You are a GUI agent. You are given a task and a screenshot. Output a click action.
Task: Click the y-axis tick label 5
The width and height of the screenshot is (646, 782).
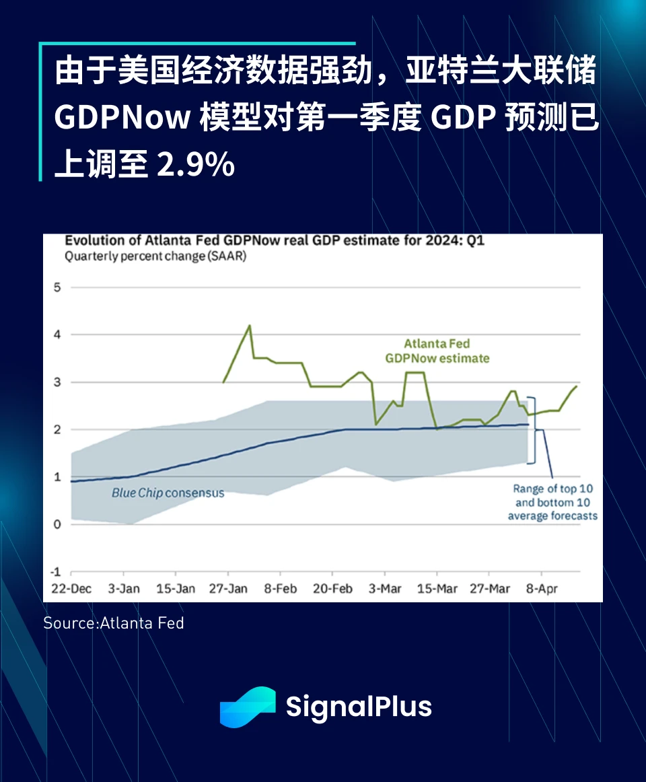tap(57, 287)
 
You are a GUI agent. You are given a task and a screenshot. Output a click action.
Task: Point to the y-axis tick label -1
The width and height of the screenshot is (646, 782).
tap(56, 572)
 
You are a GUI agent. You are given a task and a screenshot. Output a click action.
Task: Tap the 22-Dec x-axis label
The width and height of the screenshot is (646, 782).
tap(72, 589)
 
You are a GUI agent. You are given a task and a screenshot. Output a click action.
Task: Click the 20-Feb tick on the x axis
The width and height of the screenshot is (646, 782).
tap(332, 589)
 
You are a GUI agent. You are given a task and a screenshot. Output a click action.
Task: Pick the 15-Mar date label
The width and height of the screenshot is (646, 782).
tap(437, 589)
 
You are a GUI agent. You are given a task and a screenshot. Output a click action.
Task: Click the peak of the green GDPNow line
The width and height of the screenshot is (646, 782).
tap(250, 326)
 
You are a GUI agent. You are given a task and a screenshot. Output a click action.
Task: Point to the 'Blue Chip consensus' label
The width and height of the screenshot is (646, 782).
tap(168, 493)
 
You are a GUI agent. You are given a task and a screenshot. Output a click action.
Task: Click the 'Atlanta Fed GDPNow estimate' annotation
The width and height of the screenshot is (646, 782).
tap(437, 351)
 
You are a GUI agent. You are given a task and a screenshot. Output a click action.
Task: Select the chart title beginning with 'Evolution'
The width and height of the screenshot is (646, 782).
tap(274, 241)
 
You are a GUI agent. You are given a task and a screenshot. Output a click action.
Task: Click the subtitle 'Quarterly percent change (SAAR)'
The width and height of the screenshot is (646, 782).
tap(155, 256)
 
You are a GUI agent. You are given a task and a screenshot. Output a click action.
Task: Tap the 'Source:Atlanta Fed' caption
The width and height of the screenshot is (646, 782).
tap(114, 623)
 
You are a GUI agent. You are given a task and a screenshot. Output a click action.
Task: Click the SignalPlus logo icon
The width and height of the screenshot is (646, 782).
tap(248, 707)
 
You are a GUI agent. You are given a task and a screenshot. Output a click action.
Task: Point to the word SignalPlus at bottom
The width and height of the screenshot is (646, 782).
tap(359, 707)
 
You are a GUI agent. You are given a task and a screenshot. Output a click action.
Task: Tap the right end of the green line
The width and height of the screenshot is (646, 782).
tap(577, 386)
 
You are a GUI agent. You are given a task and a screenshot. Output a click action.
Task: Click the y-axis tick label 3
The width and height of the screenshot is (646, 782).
tap(57, 382)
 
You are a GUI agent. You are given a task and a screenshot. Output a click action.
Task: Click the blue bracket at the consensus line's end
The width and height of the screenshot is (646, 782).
tap(533, 429)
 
